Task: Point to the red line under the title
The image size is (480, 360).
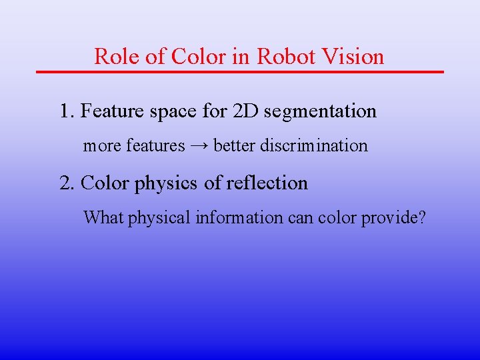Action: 240,71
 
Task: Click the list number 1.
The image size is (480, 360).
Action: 65,111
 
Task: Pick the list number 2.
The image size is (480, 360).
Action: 65,183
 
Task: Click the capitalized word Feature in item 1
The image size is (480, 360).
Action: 110,111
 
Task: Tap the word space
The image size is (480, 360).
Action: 172,112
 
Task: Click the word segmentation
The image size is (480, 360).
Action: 320,112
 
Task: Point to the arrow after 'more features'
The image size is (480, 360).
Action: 199,145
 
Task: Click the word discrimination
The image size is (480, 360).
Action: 314,145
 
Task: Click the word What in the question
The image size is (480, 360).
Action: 99,217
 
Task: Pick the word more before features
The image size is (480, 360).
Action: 98,146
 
